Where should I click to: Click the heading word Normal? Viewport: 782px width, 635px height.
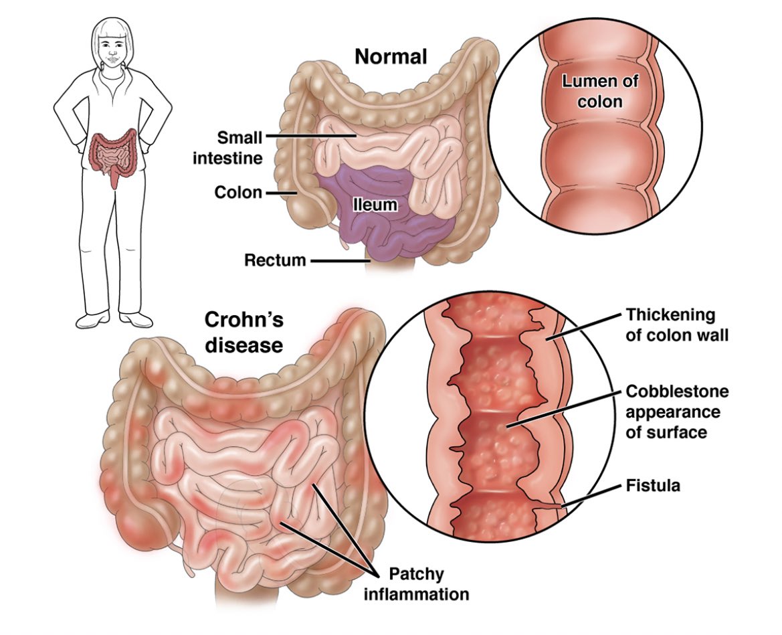point(390,57)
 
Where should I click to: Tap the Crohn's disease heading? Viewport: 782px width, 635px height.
point(243,332)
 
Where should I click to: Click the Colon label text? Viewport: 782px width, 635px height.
point(238,193)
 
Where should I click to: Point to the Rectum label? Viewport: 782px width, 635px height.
point(275,260)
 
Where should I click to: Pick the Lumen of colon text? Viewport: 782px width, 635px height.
point(600,92)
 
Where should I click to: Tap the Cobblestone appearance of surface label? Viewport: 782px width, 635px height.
point(676,412)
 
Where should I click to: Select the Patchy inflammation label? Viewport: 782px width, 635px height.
point(427,583)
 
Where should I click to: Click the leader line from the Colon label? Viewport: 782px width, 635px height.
point(281,193)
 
